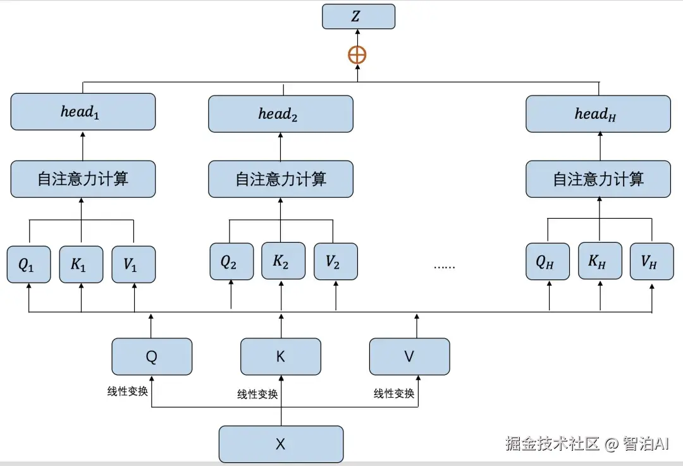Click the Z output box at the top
tap(358, 16)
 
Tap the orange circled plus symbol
tap(357, 55)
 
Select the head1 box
tap(82, 112)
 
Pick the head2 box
tap(280, 114)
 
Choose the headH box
tap(598, 114)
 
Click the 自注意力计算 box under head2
tap(280, 179)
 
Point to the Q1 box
tap(28, 264)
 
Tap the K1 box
tap(81, 264)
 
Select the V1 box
tap(133, 264)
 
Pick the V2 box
tap(335, 261)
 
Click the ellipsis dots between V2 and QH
tap(444, 266)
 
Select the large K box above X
tap(280, 357)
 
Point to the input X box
tap(280, 444)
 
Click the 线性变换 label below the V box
tap(394, 394)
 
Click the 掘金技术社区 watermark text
tap(551, 444)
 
